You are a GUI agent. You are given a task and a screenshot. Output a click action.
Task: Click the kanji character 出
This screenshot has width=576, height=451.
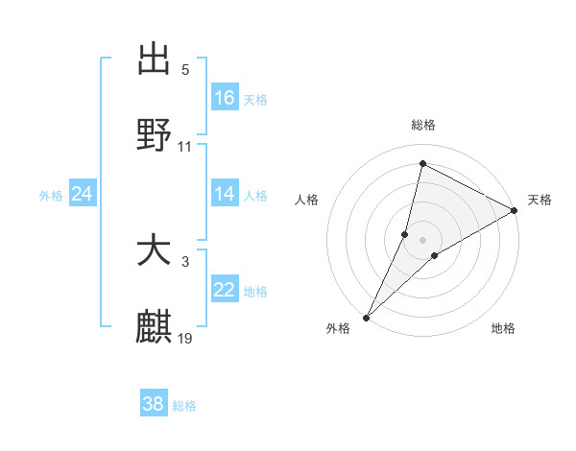155,59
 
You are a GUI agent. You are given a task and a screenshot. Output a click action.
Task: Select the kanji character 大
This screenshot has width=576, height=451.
155,251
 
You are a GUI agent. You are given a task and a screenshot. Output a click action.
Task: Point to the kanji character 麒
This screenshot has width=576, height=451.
155,327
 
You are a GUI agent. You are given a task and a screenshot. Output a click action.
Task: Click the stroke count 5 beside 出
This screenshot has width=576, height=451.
185,70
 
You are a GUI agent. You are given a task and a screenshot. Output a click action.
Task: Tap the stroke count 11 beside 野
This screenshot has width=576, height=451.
185,147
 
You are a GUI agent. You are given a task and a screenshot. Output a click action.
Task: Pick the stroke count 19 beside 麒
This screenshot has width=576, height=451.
185,339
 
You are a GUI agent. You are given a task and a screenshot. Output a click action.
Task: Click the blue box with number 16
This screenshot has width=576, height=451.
225,98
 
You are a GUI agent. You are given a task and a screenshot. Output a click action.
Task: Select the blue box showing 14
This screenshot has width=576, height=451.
225,194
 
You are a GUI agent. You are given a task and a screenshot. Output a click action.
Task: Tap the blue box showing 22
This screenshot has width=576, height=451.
225,290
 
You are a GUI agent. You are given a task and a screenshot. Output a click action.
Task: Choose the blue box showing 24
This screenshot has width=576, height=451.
83,194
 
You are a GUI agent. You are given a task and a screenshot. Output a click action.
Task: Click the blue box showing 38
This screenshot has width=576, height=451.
154,404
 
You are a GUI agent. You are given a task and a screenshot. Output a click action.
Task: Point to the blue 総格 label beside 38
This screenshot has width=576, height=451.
184,406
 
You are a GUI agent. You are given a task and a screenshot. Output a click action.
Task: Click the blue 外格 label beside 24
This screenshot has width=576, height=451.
51,196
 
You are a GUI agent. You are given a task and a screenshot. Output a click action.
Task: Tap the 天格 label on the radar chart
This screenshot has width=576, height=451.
540,200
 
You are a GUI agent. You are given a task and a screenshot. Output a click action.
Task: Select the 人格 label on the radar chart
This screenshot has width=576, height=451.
307,200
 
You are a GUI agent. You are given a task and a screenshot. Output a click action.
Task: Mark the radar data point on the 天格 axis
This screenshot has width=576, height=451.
515,210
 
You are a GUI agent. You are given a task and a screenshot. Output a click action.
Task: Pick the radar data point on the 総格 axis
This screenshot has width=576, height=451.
422,162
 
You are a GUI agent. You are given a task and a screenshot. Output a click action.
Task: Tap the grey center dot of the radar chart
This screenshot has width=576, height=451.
422,239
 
